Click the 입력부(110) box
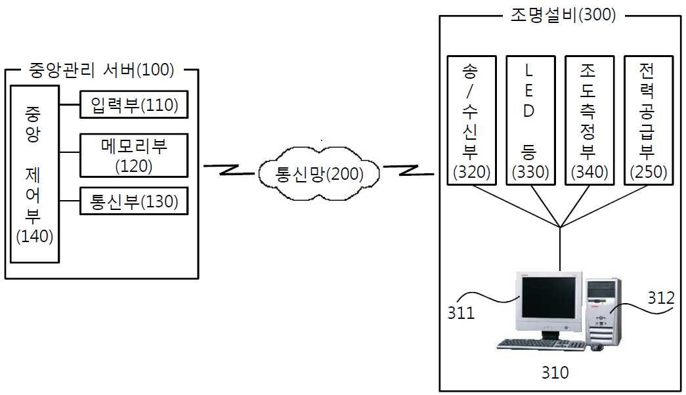[x=134, y=104]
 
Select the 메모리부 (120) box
[x=134, y=156]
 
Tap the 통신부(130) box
[x=134, y=201]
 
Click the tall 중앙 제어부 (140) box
[x=35, y=174]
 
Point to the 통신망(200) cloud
[x=319, y=174]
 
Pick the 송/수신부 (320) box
[x=471, y=120]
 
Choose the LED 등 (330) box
[x=530, y=120]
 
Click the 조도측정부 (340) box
[x=590, y=120]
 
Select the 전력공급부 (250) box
[x=649, y=120]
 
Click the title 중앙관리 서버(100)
[x=102, y=70]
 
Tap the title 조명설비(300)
[x=563, y=15]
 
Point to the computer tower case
[x=604, y=312]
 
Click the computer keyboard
[x=541, y=344]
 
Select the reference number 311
[x=461, y=313]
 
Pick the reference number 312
[x=661, y=298]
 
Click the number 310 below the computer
[x=555, y=372]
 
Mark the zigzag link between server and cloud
[x=229, y=170]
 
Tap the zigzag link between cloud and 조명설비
[x=408, y=170]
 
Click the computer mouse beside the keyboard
[x=597, y=347]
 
